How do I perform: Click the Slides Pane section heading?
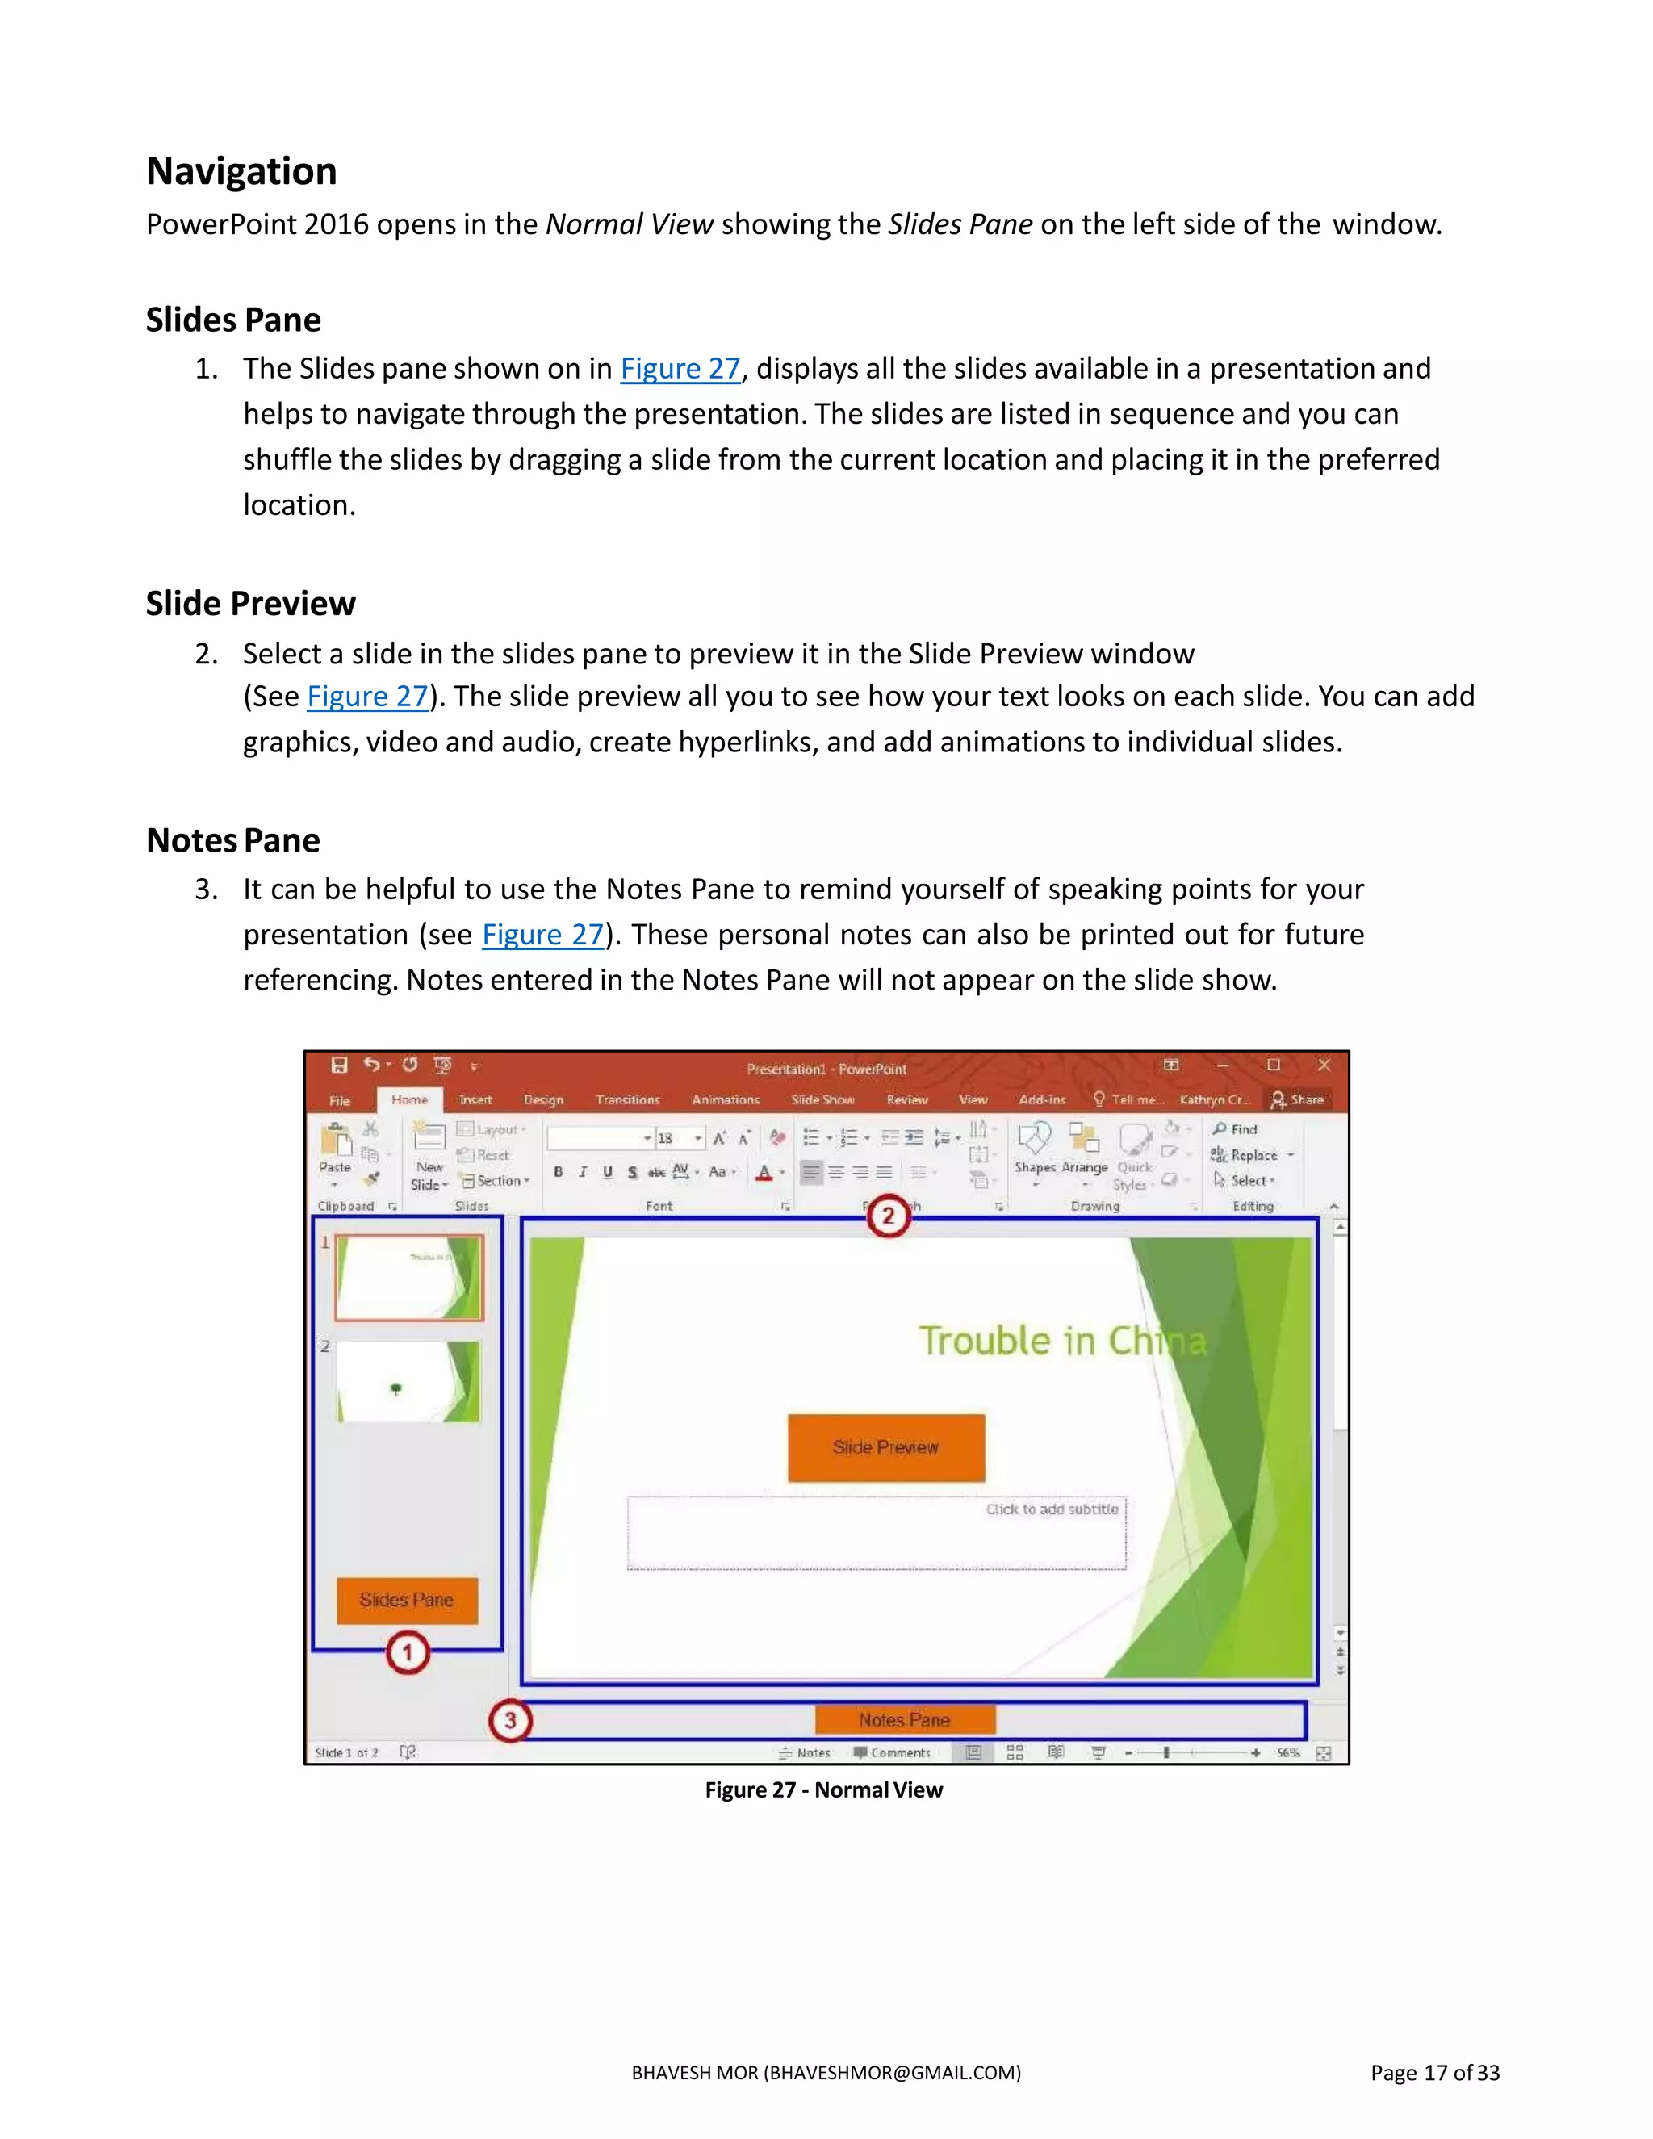233,320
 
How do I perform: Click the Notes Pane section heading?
233,840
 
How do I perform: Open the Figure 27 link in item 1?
680,368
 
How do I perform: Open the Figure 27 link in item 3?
542,935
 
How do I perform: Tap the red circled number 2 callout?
888,1216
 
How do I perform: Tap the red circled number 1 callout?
408,1653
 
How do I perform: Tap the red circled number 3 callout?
510,1720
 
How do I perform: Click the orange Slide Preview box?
886,1447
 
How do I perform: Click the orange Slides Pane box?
407,1601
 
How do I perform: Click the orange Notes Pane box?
905,1720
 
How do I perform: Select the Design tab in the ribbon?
543,1100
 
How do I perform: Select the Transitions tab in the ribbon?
628,1100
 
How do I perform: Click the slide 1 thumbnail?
409,1277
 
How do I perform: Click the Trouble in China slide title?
1061,1341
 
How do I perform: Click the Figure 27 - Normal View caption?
823,1789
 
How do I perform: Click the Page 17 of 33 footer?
1433,2072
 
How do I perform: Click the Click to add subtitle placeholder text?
1052,1509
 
